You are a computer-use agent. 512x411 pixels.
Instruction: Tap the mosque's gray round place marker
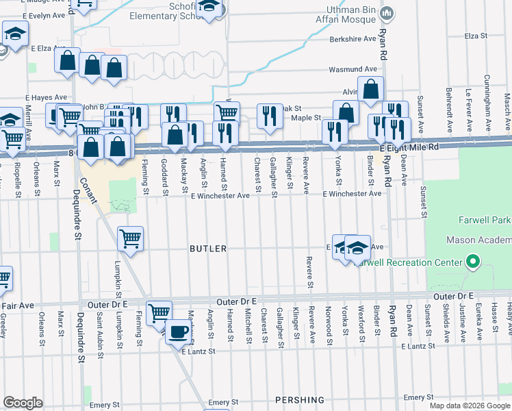(x=387, y=12)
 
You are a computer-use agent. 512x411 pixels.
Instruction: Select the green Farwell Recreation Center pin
(x=472, y=262)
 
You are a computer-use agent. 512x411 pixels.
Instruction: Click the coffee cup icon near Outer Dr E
(x=179, y=332)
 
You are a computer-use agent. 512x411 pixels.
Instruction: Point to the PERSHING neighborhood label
(x=299, y=399)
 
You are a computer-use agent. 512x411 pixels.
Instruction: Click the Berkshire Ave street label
(x=353, y=40)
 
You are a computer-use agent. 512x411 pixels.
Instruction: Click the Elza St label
(x=474, y=36)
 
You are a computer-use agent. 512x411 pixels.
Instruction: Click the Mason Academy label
(x=478, y=240)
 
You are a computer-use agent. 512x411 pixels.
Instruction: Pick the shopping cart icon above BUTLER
(x=130, y=238)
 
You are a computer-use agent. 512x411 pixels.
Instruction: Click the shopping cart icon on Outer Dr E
(x=159, y=312)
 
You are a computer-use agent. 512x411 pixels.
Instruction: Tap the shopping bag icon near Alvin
(x=370, y=89)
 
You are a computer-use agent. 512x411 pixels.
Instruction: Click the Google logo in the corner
(x=23, y=403)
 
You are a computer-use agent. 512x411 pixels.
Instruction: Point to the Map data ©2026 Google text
(x=468, y=406)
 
